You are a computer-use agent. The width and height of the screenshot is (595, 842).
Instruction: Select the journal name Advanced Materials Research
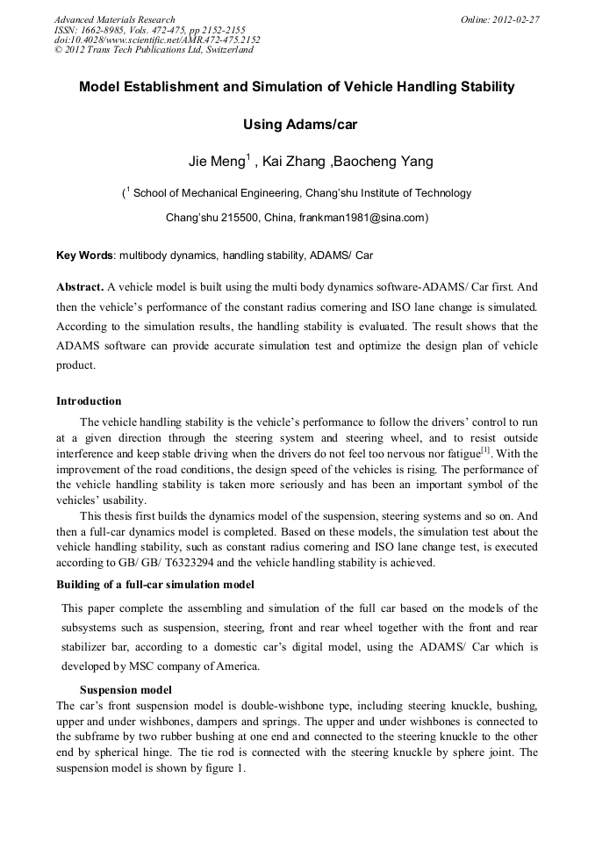pos(114,19)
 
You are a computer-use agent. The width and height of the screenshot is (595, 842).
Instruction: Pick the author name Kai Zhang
pos(294,162)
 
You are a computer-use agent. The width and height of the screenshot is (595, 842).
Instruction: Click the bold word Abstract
pos(80,287)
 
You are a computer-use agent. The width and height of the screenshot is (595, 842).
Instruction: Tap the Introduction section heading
pos(89,401)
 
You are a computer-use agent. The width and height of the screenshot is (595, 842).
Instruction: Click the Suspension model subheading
pos(125,689)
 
